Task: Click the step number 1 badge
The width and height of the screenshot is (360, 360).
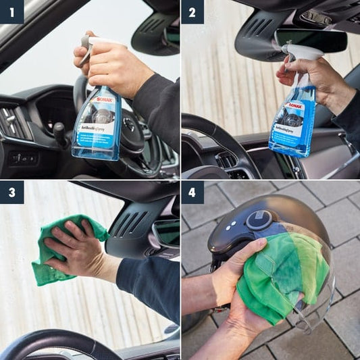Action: click(11, 11)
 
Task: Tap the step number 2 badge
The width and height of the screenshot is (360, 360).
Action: click(192, 11)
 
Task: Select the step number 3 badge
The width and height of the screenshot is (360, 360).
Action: click(11, 192)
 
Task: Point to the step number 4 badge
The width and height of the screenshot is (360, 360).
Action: click(192, 192)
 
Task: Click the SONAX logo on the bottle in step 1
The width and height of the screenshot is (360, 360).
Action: click(105, 99)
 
